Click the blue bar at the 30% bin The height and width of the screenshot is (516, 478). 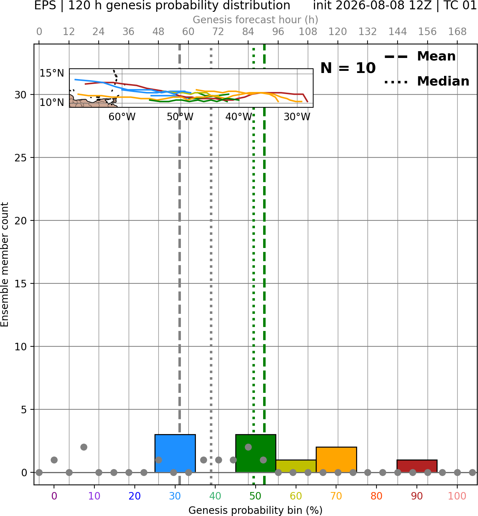click(175, 453)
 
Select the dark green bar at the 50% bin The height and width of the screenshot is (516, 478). click(256, 453)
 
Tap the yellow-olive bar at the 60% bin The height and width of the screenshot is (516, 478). click(296, 466)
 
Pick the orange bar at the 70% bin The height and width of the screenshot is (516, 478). click(336, 459)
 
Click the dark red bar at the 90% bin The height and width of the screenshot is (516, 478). click(417, 466)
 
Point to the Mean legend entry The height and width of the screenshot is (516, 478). click(420, 57)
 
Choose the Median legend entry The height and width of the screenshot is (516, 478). click(427, 81)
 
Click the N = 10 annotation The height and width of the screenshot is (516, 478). click(348, 68)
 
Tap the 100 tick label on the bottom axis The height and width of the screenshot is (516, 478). click(457, 496)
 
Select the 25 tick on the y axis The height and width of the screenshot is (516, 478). click(20, 158)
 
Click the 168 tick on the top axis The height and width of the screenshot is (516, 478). click(457, 32)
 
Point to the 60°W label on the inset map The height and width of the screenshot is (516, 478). click(122, 117)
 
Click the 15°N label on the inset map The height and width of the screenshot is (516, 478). click(52, 73)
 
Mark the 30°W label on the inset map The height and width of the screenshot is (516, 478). click(297, 117)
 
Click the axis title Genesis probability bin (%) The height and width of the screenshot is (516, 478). click(256, 510)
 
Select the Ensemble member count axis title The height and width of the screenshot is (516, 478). click(5, 264)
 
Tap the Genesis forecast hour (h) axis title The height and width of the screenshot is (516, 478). click(256, 20)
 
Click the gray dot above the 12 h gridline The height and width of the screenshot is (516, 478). click(69, 472)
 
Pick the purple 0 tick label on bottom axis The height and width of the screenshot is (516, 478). click(54, 496)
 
